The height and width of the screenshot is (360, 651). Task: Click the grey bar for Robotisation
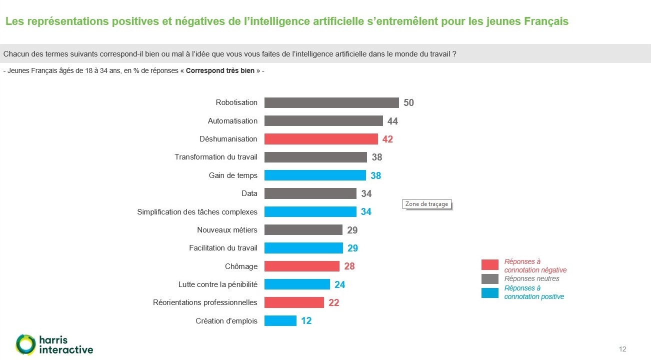click(x=331, y=102)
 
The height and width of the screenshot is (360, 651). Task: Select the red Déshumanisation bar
click(x=320, y=139)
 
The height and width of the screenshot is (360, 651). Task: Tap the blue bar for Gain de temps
click(x=315, y=175)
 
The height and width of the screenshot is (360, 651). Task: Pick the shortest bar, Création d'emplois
click(x=280, y=320)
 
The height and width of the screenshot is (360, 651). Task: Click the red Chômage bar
click(x=301, y=266)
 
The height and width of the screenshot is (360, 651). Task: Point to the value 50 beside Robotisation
click(x=409, y=103)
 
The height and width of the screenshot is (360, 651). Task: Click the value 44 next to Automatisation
click(x=392, y=121)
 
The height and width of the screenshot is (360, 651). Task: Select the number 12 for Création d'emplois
click(x=306, y=321)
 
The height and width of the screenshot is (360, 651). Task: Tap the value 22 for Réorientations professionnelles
click(x=334, y=302)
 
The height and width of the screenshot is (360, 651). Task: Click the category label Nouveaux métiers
click(x=227, y=230)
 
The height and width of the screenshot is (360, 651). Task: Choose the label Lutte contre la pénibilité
click(x=217, y=284)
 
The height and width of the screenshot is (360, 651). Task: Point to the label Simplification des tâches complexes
click(x=197, y=212)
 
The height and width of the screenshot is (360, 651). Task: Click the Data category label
click(x=249, y=193)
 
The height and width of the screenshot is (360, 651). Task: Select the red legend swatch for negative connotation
click(x=489, y=264)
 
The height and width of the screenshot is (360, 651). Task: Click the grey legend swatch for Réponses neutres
click(x=489, y=278)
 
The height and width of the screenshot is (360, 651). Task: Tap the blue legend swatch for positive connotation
click(x=489, y=292)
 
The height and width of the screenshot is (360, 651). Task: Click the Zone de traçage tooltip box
click(x=426, y=204)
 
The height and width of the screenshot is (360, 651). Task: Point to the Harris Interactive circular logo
click(x=25, y=344)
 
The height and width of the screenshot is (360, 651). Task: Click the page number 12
click(x=622, y=349)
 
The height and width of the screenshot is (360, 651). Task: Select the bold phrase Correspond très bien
click(x=220, y=71)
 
